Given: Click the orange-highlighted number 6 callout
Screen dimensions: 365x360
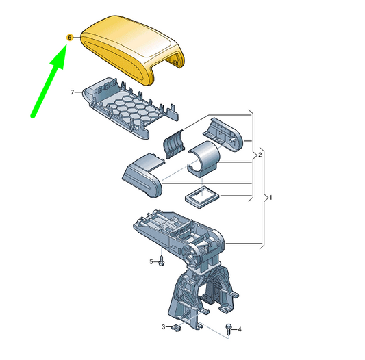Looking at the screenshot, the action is pyautogui.click(x=70, y=38).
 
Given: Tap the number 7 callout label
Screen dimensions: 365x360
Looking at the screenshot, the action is pyautogui.click(x=73, y=92).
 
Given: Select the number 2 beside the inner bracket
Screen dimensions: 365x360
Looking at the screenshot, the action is pyautogui.click(x=260, y=155).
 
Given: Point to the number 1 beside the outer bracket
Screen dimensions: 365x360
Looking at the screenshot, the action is pyautogui.click(x=270, y=198).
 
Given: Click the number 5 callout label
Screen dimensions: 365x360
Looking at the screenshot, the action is pyautogui.click(x=151, y=262).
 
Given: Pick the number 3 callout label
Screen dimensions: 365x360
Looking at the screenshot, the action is pyautogui.click(x=164, y=327).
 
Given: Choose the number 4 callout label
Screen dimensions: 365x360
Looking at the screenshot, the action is pyautogui.click(x=239, y=329).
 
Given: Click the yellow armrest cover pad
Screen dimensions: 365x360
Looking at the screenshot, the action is pyautogui.click(x=132, y=49).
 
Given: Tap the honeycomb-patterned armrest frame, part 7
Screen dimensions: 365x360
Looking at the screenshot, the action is pyautogui.click(x=130, y=108).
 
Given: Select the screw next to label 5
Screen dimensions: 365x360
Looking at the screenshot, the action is pyautogui.click(x=162, y=261).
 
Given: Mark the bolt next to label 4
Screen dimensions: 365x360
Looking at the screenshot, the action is pyautogui.click(x=228, y=329).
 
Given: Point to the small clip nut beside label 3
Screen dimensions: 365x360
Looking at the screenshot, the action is pyautogui.click(x=177, y=328).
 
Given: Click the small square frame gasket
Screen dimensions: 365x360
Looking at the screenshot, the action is pyautogui.click(x=202, y=197).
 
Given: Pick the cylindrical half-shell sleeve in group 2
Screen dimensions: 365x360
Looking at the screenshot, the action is pyautogui.click(x=203, y=159).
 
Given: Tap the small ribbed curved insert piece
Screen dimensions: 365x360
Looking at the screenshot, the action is pyautogui.click(x=174, y=144).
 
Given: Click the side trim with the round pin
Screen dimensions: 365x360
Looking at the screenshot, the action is pyautogui.click(x=223, y=134).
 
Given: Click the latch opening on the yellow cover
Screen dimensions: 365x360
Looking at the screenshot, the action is pyautogui.click(x=174, y=61).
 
